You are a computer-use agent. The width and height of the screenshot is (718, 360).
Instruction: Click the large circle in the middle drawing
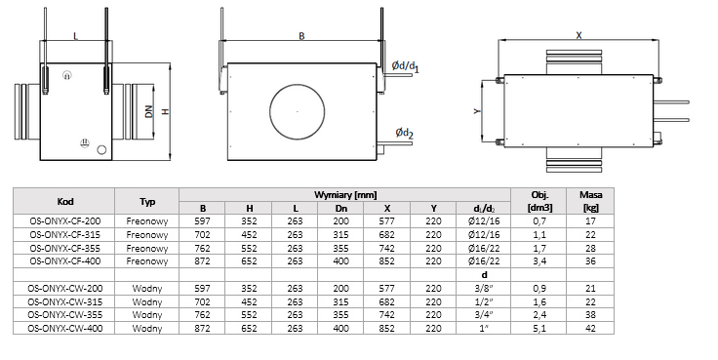click(270, 111)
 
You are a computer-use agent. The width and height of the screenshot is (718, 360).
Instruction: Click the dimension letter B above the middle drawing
click(301, 36)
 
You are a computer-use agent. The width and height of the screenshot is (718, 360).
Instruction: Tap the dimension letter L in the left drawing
click(75, 36)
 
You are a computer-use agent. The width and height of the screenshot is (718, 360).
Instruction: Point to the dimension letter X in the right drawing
click(578, 35)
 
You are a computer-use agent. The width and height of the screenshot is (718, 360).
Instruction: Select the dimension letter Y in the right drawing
click(477, 111)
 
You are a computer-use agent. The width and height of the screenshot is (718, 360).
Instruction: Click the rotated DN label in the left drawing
click(149, 111)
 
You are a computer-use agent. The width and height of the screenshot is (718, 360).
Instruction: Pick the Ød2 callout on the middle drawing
click(404, 134)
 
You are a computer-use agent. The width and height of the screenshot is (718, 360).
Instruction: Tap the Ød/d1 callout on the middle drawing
click(405, 67)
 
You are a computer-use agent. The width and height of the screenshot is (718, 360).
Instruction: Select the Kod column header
click(65, 201)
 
